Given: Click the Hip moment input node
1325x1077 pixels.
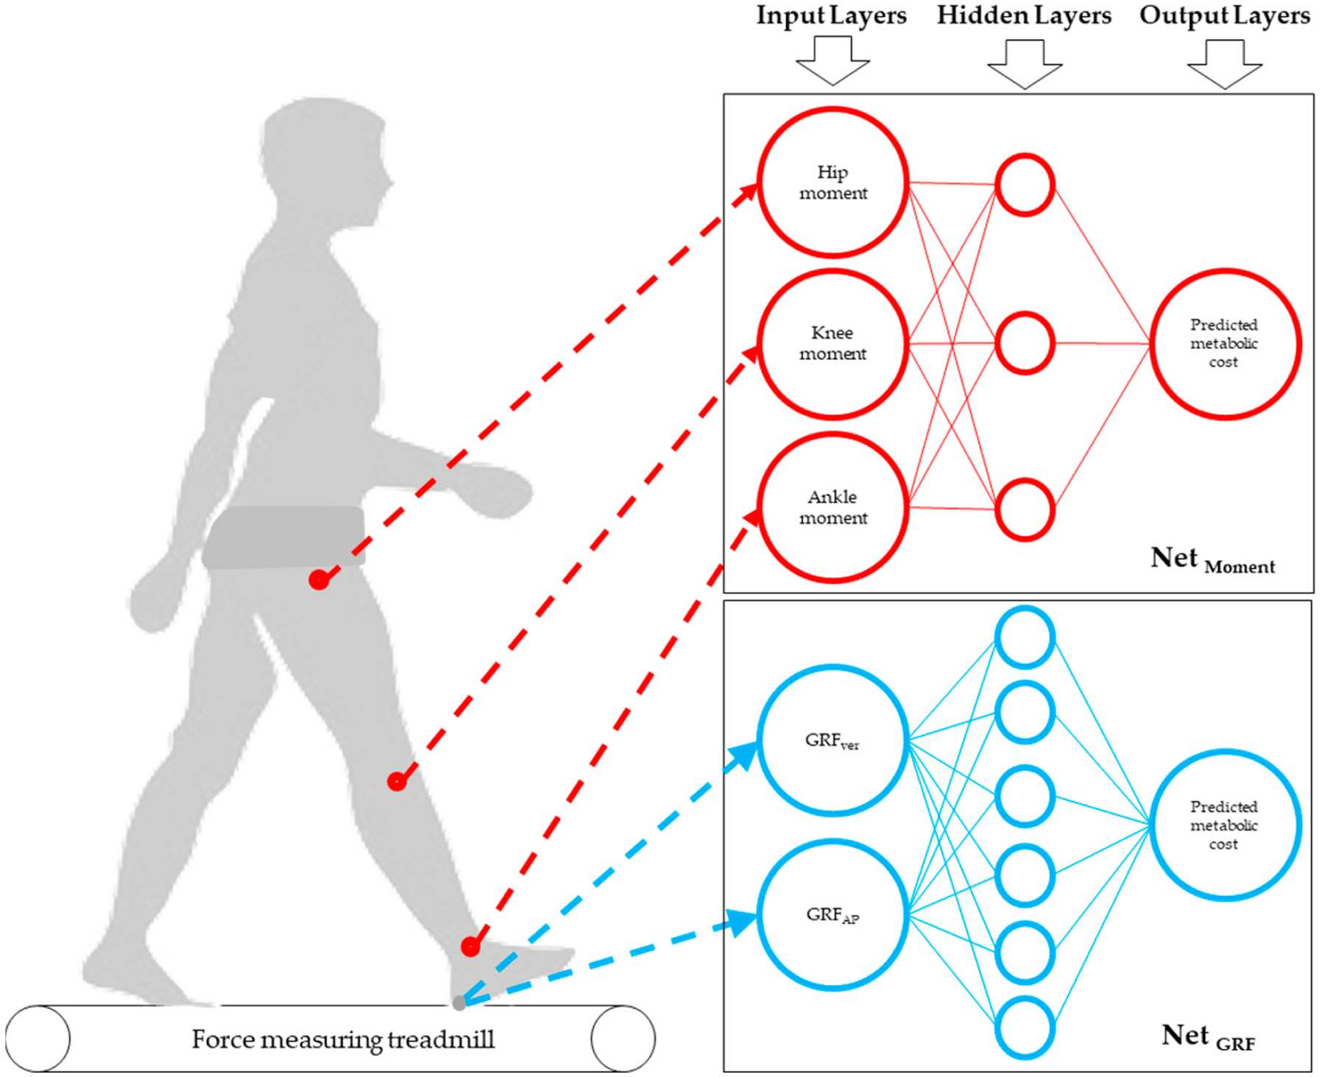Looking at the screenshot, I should tap(833, 183).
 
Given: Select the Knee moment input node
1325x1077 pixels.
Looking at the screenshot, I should tap(833, 344).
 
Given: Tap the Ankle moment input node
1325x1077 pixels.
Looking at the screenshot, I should tap(833, 507).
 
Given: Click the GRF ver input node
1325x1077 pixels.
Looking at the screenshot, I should tap(833, 741).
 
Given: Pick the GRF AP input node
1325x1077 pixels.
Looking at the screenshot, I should tap(833, 915).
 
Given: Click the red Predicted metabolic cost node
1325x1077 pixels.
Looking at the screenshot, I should tap(1225, 344).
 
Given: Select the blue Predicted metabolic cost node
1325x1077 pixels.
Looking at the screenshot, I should tap(1225, 825).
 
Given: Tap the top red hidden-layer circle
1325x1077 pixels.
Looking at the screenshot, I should tap(1025, 185).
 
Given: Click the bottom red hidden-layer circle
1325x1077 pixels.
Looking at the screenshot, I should tap(1025, 509).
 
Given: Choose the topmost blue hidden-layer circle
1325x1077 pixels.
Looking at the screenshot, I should tap(1025, 637).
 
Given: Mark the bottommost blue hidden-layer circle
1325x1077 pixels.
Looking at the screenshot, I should tap(1025, 1028).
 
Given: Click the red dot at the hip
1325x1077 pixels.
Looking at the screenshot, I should tap(319, 580).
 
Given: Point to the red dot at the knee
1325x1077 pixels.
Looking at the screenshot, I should tap(397, 781).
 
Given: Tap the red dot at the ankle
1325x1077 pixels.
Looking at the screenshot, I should tap(470, 947).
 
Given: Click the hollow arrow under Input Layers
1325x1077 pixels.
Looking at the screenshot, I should tap(833, 62).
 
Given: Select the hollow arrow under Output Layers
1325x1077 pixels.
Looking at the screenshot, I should tap(1225, 64).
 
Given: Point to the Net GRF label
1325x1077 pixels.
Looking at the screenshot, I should tap(1208, 1037).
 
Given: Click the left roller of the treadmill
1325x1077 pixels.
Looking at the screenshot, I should tap(38, 1038).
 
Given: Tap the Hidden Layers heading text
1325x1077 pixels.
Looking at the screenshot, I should tap(1024, 16).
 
